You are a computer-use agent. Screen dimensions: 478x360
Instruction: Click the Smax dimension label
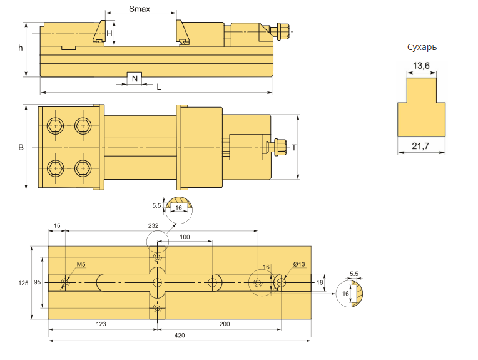click(x=140, y=9)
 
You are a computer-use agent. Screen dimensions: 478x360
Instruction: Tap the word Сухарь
click(x=422, y=48)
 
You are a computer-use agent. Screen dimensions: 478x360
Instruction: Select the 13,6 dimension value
click(x=421, y=66)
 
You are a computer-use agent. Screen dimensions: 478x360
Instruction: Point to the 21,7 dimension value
click(x=420, y=146)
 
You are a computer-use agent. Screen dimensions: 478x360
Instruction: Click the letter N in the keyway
click(x=135, y=79)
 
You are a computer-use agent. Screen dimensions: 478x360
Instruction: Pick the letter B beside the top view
click(x=21, y=147)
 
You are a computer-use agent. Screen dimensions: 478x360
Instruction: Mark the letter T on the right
click(x=294, y=148)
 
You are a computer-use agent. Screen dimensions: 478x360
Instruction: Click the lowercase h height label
click(x=21, y=48)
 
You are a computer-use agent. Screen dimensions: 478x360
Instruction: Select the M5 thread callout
click(x=81, y=264)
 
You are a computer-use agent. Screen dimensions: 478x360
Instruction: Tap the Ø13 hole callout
click(x=299, y=264)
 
